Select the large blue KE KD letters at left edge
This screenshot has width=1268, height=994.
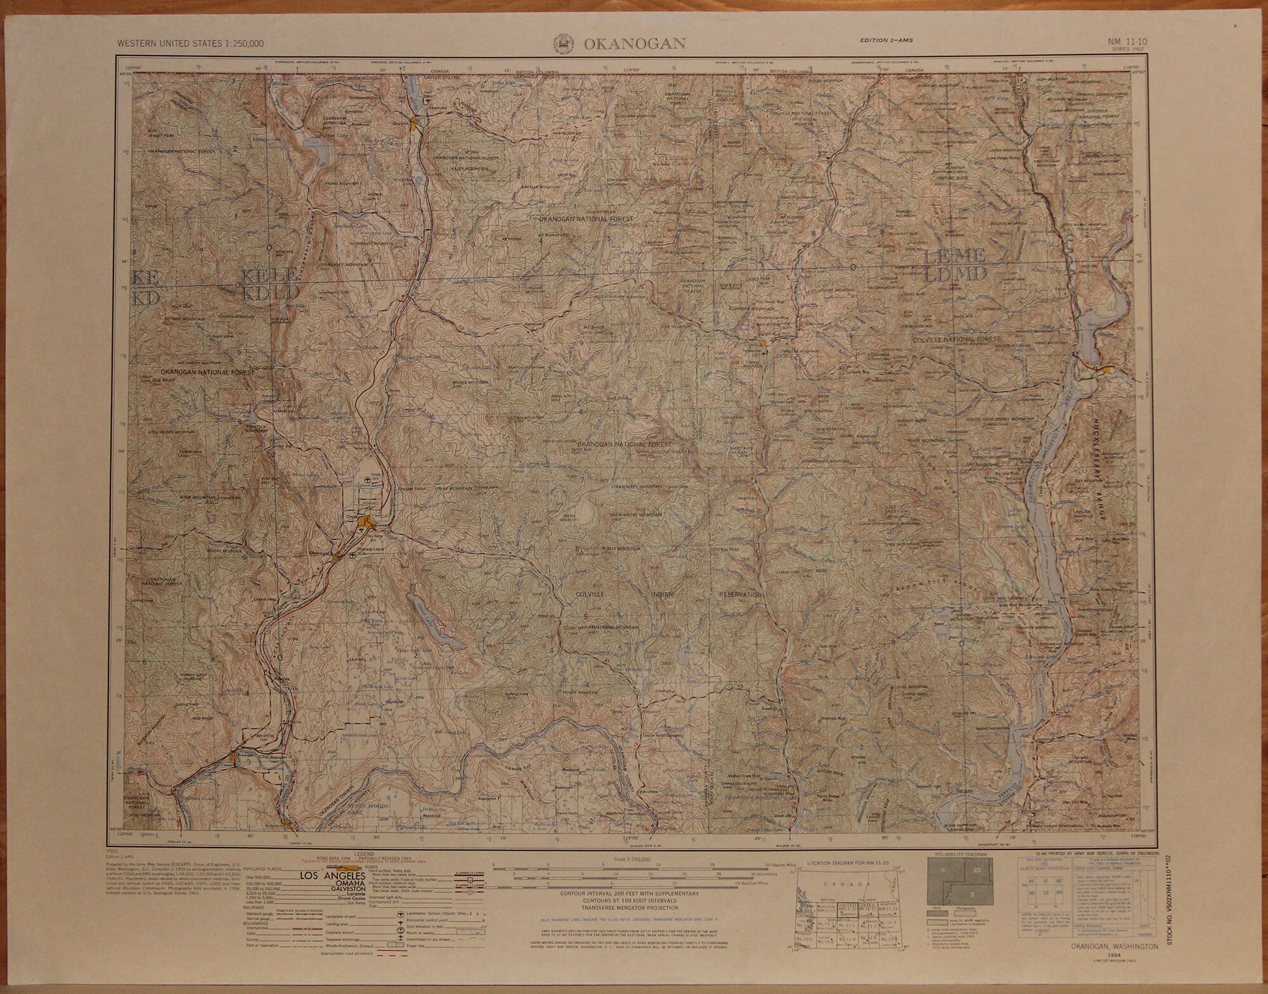pyautogui.click(x=146, y=288)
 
